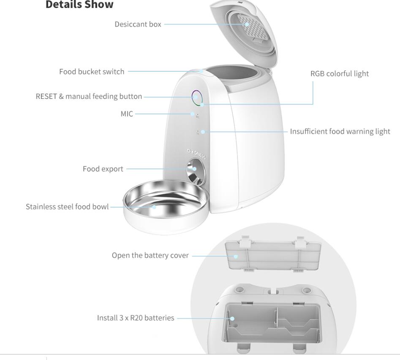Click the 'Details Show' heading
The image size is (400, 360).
click(x=79, y=5)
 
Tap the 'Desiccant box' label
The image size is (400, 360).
click(x=138, y=24)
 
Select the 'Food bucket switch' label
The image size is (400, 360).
click(x=92, y=71)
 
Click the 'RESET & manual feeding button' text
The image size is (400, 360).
click(x=89, y=96)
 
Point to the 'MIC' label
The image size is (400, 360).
click(x=127, y=114)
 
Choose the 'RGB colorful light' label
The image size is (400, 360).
click(x=339, y=73)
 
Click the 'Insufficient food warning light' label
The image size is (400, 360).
click(x=340, y=131)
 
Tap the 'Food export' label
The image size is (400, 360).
click(x=103, y=169)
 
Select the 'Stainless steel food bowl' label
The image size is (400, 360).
click(x=67, y=207)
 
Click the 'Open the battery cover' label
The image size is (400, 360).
click(x=150, y=255)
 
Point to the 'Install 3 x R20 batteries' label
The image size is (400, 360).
click(x=136, y=318)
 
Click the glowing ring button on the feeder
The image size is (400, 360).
click(x=196, y=97)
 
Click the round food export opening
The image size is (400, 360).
click(x=195, y=169)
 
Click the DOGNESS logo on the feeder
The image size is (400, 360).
click(x=196, y=154)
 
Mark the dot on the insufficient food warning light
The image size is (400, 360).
click(x=203, y=132)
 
